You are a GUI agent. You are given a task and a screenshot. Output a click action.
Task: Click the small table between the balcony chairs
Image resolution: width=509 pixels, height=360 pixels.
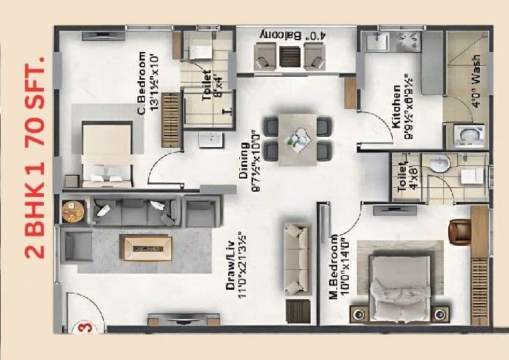(x=290, y=55)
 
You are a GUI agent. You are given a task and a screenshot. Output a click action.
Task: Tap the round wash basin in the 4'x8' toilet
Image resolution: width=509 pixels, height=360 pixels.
(x=439, y=166)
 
